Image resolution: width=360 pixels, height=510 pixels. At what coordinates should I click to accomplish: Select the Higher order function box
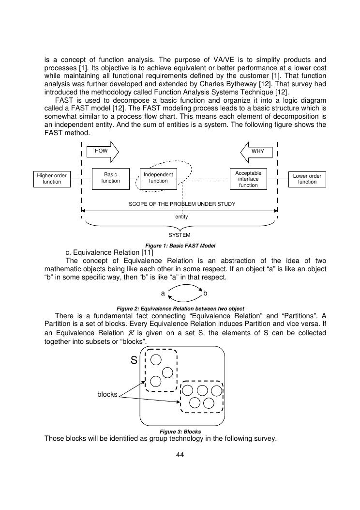(52, 179)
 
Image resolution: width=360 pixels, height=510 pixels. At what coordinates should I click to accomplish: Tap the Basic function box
(110, 178)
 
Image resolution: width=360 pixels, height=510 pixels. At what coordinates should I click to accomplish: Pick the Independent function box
(158, 178)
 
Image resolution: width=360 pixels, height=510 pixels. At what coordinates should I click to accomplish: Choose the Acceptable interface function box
(248, 179)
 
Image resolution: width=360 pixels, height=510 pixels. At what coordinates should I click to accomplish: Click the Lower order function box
(307, 179)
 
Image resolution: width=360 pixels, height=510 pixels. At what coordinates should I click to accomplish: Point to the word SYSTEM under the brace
(180, 235)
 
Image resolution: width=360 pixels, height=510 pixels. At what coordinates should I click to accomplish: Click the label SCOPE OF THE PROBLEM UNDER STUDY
(182, 204)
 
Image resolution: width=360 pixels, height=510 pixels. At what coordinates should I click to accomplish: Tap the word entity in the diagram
(181, 217)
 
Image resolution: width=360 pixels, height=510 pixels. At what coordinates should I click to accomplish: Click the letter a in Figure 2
(163, 294)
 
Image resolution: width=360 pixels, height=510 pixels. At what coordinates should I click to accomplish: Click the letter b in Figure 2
(206, 294)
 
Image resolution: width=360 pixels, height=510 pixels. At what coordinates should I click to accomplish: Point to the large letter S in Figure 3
(135, 360)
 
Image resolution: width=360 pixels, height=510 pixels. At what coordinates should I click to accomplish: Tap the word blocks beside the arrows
(107, 395)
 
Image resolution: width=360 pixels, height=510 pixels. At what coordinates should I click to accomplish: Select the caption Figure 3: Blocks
(180, 432)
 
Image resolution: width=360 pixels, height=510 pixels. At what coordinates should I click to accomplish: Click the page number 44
(180, 455)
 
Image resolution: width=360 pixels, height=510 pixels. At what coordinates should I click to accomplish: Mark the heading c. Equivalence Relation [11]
(109, 252)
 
